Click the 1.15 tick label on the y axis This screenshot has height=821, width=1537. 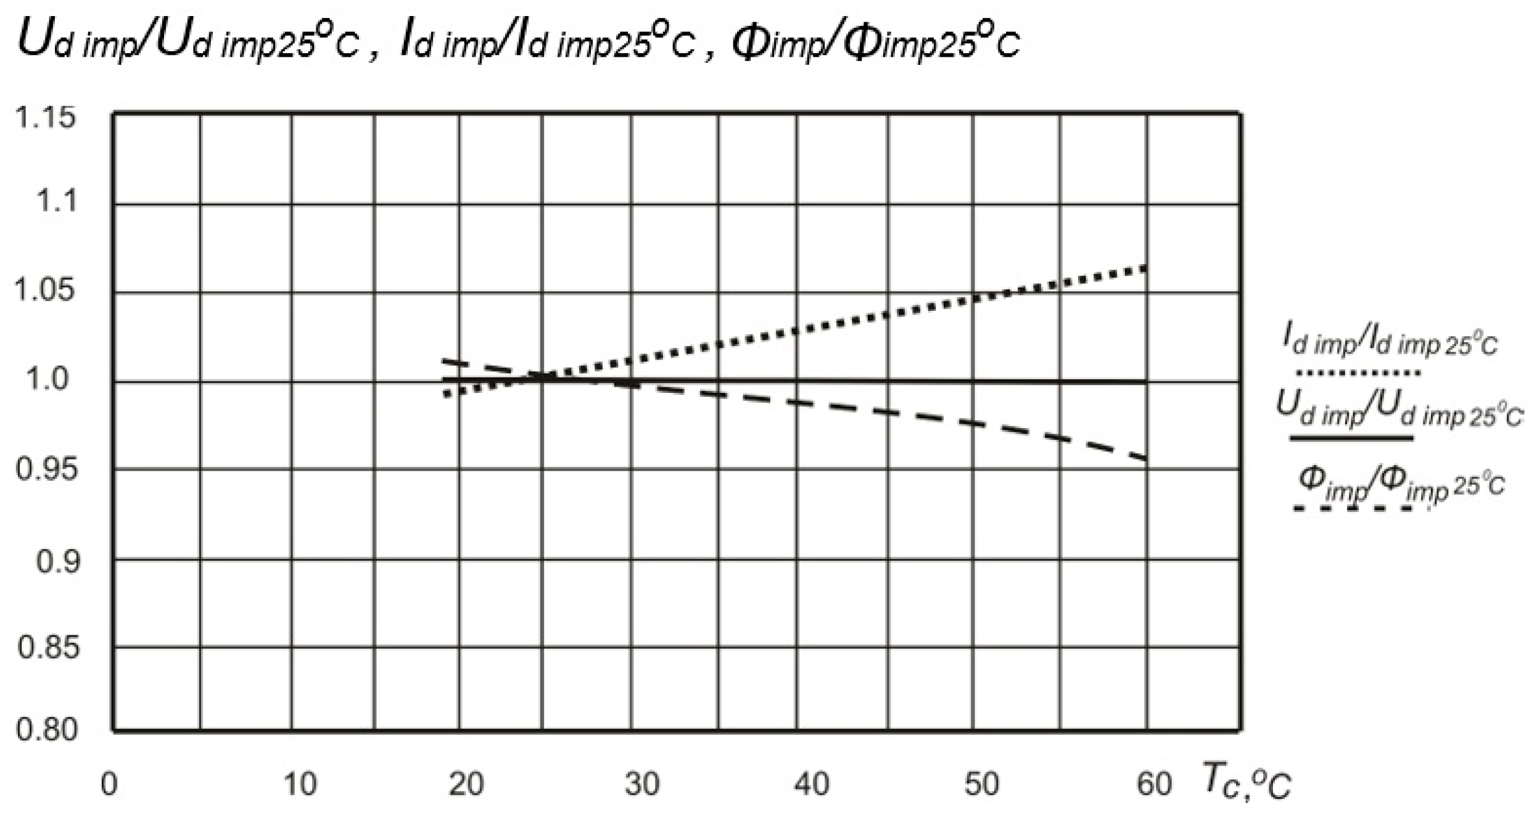[46, 117]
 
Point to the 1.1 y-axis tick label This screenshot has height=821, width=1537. [57, 201]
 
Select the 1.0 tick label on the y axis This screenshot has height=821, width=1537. [47, 379]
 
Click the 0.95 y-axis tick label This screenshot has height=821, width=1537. [47, 470]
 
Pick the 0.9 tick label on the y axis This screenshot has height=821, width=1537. [58, 562]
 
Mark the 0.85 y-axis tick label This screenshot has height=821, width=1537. [48, 648]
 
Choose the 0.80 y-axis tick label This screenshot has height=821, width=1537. [47, 730]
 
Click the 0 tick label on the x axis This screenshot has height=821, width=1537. [109, 785]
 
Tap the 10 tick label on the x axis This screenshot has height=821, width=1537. [300, 785]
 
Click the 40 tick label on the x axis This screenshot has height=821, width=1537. [812, 785]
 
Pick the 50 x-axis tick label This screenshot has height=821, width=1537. [981, 785]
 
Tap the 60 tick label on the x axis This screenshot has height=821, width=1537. [1153, 785]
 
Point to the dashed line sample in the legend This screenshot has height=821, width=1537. [1354, 508]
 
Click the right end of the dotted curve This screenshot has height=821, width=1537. [1145, 268]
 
